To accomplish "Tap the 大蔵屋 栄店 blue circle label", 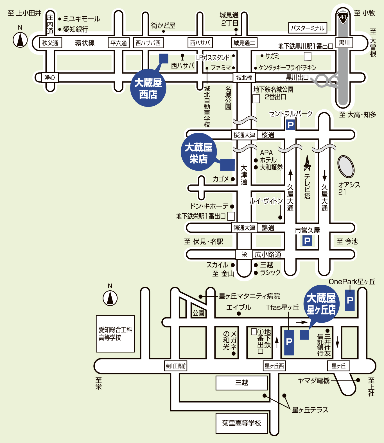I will coord(198,152).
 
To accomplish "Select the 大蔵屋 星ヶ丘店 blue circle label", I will coord(321,304).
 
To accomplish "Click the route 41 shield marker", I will coord(343,17).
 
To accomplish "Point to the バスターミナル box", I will coord(308,28).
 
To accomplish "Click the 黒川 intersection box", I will coord(344,43).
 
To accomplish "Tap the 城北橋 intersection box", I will coord(244,77).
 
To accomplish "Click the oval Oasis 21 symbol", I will coord(346,166).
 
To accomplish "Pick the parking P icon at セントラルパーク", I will coord(291,125).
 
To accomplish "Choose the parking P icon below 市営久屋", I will coord(307,241).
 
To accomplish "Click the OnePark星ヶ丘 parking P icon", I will coord(350,300).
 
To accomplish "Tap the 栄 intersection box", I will coord(244,254).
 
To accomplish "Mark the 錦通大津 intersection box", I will coord(244,228).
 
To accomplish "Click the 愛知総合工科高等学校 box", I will coord(115,334).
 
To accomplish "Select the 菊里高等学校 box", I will coord(242,423).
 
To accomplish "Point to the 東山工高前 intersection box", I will coord(176,366).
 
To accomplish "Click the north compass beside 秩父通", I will coord(20,40).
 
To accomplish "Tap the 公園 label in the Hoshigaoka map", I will coord(198,313).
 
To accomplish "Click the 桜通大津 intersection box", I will coord(244,135).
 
